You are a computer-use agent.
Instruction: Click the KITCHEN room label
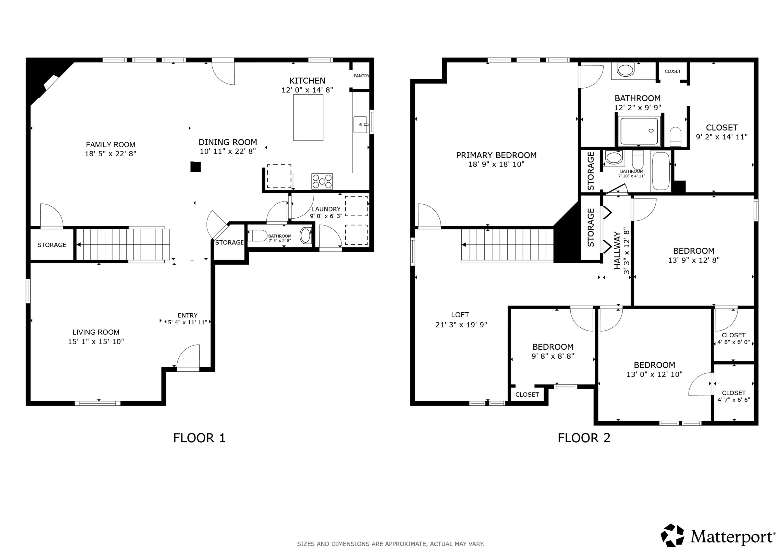(307, 81)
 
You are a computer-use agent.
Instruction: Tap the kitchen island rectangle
(308, 117)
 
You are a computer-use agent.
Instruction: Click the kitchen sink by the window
(361, 124)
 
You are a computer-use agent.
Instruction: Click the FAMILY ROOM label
(110, 145)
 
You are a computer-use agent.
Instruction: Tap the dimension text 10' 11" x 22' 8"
(228, 151)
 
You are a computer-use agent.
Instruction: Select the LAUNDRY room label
(326, 209)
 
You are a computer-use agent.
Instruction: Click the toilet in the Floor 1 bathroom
(257, 236)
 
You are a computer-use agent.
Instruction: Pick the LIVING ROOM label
(96, 332)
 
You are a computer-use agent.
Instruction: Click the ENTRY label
(188, 315)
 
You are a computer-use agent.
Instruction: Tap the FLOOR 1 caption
(199, 438)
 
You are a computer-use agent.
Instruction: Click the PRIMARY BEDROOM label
(496, 155)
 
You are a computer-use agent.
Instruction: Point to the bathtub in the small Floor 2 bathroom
(661, 171)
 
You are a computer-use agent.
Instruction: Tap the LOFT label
(460, 315)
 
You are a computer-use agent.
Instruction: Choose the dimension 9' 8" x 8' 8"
(553, 356)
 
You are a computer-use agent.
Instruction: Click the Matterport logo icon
(672, 535)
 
